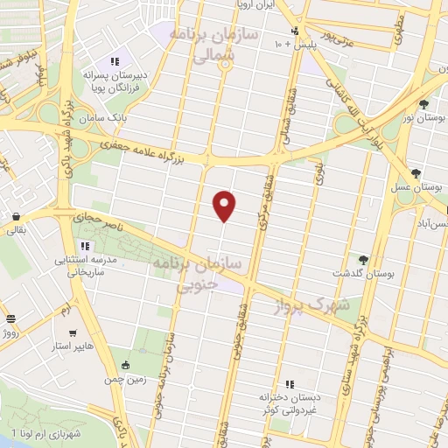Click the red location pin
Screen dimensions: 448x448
click(226, 205)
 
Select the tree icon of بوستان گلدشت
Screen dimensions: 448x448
click(363, 259)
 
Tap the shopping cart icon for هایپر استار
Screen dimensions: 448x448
click(73, 333)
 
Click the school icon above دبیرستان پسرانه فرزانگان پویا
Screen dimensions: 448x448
click(114, 61)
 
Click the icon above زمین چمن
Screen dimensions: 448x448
click(129, 365)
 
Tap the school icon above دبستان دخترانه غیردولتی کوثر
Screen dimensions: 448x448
click(289, 384)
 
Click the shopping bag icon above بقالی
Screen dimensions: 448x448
click(16, 215)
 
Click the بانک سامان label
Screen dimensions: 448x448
click(96, 117)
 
